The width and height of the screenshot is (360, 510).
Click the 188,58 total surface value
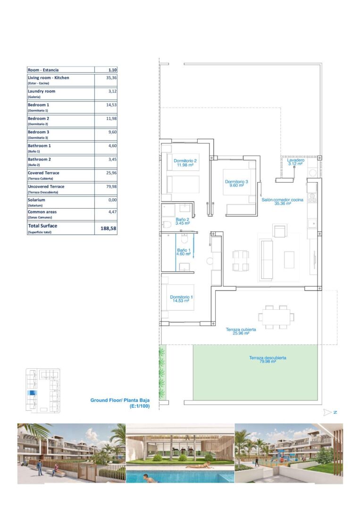108,229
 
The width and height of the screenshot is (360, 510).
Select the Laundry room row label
41,92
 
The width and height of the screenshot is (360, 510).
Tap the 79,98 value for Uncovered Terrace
111,187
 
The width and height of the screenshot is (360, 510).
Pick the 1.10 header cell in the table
112,69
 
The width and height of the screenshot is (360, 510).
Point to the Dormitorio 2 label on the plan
185,162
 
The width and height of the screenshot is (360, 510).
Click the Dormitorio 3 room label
236,183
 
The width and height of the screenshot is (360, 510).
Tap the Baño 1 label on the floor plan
184,252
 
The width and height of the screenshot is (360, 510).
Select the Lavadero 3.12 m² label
295,161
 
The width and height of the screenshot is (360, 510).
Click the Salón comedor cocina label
282,201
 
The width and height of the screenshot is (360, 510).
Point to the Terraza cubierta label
241,331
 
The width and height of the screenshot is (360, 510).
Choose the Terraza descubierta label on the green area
268,359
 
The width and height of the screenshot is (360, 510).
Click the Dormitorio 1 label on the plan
181,298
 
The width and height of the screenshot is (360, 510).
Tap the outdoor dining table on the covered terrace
276,317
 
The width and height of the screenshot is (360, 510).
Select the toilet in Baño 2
167,224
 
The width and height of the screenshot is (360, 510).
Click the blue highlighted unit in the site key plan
32,393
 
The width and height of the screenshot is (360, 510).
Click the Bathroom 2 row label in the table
39,160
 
